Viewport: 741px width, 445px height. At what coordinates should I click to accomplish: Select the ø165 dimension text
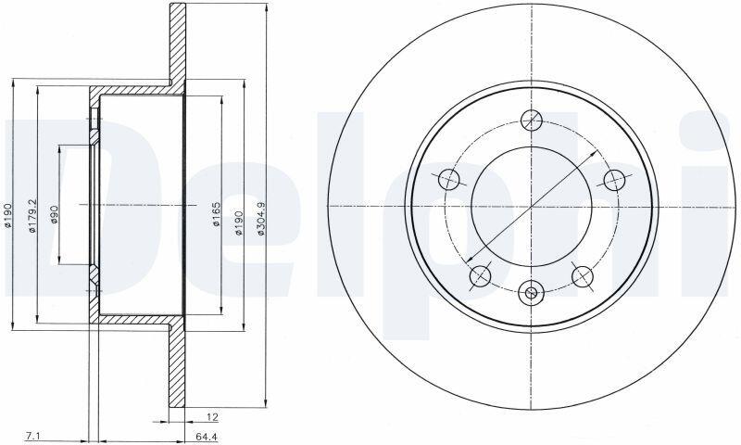tap(216, 214)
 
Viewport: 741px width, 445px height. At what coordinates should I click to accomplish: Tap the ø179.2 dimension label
tap(32, 216)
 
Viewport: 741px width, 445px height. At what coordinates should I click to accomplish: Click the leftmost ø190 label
tap(7, 216)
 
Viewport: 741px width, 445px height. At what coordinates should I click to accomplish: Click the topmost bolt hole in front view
tap(532, 120)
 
